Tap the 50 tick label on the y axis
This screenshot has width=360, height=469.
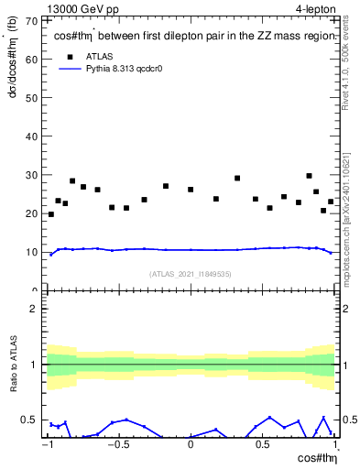tap(32, 97)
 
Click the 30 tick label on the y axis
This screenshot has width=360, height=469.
tap(32, 175)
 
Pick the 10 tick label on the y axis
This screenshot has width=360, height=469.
tap(32, 252)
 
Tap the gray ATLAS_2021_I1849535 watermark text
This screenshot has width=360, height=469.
tap(190, 274)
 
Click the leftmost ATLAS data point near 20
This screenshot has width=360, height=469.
tap(50, 214)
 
